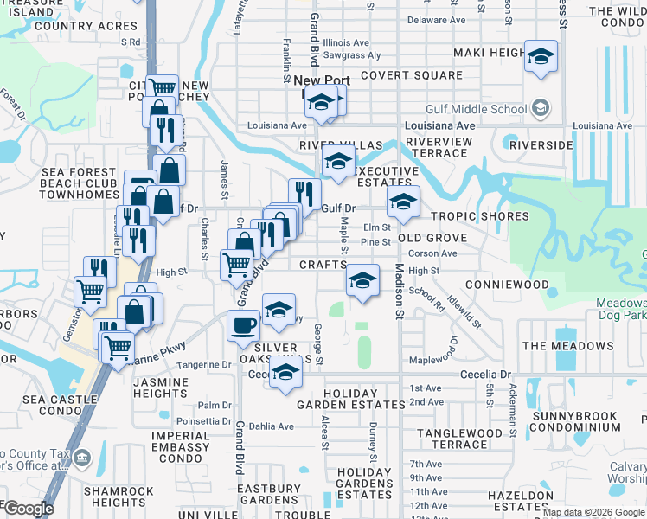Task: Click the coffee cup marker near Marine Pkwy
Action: point(243,325)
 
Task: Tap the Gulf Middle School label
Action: point(476,109)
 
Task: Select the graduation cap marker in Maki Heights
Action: point(541,57)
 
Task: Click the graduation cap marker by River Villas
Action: point(338,161)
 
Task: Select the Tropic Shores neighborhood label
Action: point(473,216)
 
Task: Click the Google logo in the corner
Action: point(28,508)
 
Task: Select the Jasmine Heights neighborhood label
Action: point(150,388)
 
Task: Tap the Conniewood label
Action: point(507,285)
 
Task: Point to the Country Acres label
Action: point(74,26)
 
